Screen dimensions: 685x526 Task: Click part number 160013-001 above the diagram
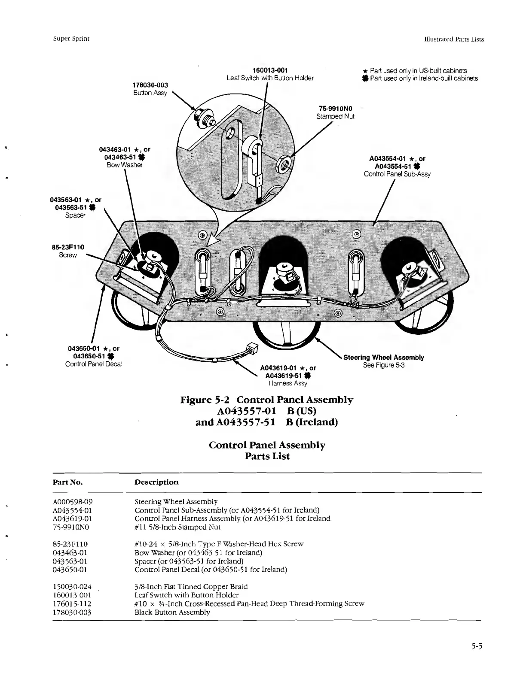point(269,70)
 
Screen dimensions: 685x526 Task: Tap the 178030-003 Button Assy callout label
point(150,89)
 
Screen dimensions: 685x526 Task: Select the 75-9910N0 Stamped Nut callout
point(335,112)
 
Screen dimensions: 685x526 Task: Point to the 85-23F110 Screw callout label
point(68,251)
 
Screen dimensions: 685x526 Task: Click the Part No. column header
point(67,482)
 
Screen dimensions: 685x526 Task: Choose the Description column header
point(156,482)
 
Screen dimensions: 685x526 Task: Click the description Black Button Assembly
point(172,612)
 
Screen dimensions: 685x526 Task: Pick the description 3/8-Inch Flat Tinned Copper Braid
point(191,586)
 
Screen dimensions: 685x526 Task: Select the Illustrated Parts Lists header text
point(453,39)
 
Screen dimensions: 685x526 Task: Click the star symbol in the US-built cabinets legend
point(365,71)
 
